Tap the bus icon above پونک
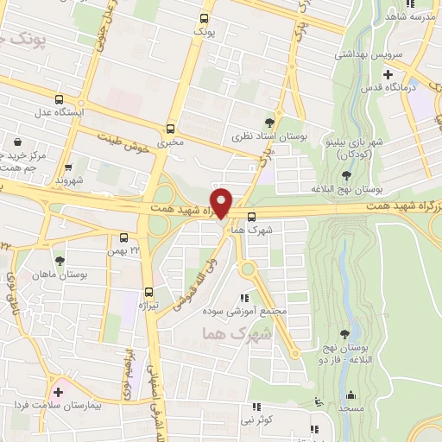point(204,17)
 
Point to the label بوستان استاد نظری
point(262,136)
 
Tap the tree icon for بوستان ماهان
point(60,260)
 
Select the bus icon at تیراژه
point(149,292)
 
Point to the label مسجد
point(349,407)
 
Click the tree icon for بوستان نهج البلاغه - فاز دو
point(346,332)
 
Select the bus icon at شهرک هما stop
point(251,217)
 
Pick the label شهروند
point(67,180)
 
